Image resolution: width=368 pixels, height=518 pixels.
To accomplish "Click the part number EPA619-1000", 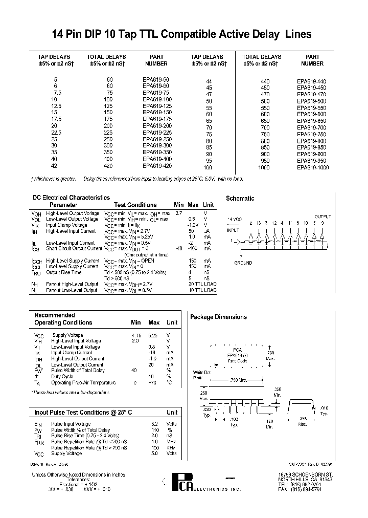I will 312,167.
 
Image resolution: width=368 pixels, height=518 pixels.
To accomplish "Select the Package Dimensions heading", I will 218,317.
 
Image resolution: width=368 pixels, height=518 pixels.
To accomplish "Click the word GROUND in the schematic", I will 243,263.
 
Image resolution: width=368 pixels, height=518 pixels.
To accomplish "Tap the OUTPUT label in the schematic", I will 323,217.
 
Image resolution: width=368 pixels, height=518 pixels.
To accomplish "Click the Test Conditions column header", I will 135,205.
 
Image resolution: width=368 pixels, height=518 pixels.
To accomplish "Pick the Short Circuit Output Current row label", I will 74,248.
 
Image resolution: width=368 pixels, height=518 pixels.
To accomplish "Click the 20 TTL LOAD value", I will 202,284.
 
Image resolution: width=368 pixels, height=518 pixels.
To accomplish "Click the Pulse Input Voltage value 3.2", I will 154,424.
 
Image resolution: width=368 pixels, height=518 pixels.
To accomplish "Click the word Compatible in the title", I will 198,35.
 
